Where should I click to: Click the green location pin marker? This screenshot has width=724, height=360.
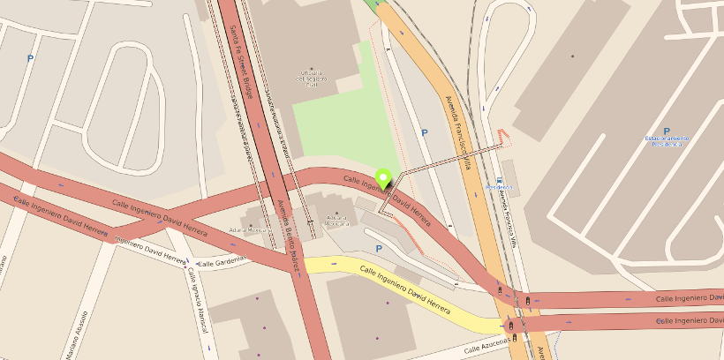click(x=383, y=177)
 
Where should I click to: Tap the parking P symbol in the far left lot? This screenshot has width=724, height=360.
click(x=31, y=59)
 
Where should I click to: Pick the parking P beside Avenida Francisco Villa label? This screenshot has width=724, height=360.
click(x=424, y=133)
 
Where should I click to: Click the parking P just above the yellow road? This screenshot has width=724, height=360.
click(x=379, y=249)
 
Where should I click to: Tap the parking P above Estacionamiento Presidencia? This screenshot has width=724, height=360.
click(x=667, y=131)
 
